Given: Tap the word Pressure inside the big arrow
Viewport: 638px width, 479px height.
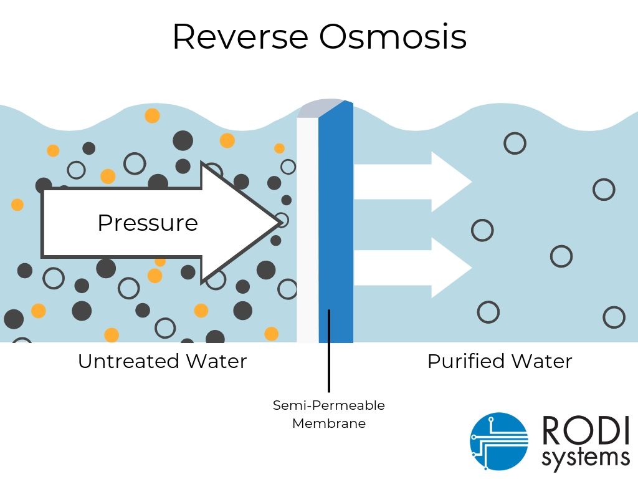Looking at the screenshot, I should click(148, 223).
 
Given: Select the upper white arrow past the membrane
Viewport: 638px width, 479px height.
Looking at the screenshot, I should click(411, 181).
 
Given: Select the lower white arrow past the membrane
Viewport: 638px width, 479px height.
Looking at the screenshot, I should click(411, 268).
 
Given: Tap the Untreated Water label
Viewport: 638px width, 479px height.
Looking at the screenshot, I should click(162, 361).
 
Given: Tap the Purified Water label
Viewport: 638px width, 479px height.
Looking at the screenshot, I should click(499, 361).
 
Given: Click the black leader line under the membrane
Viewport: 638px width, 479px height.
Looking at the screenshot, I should click(329, 368).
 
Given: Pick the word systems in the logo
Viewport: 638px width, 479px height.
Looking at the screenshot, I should click(585, 458).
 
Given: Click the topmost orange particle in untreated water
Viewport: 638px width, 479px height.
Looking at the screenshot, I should click(152, 115).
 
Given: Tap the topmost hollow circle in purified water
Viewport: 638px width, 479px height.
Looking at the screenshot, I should click(515, 143).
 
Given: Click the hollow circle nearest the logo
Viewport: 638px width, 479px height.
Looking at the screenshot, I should click(614, 317).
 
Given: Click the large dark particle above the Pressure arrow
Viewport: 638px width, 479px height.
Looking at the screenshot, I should click(183, 140).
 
